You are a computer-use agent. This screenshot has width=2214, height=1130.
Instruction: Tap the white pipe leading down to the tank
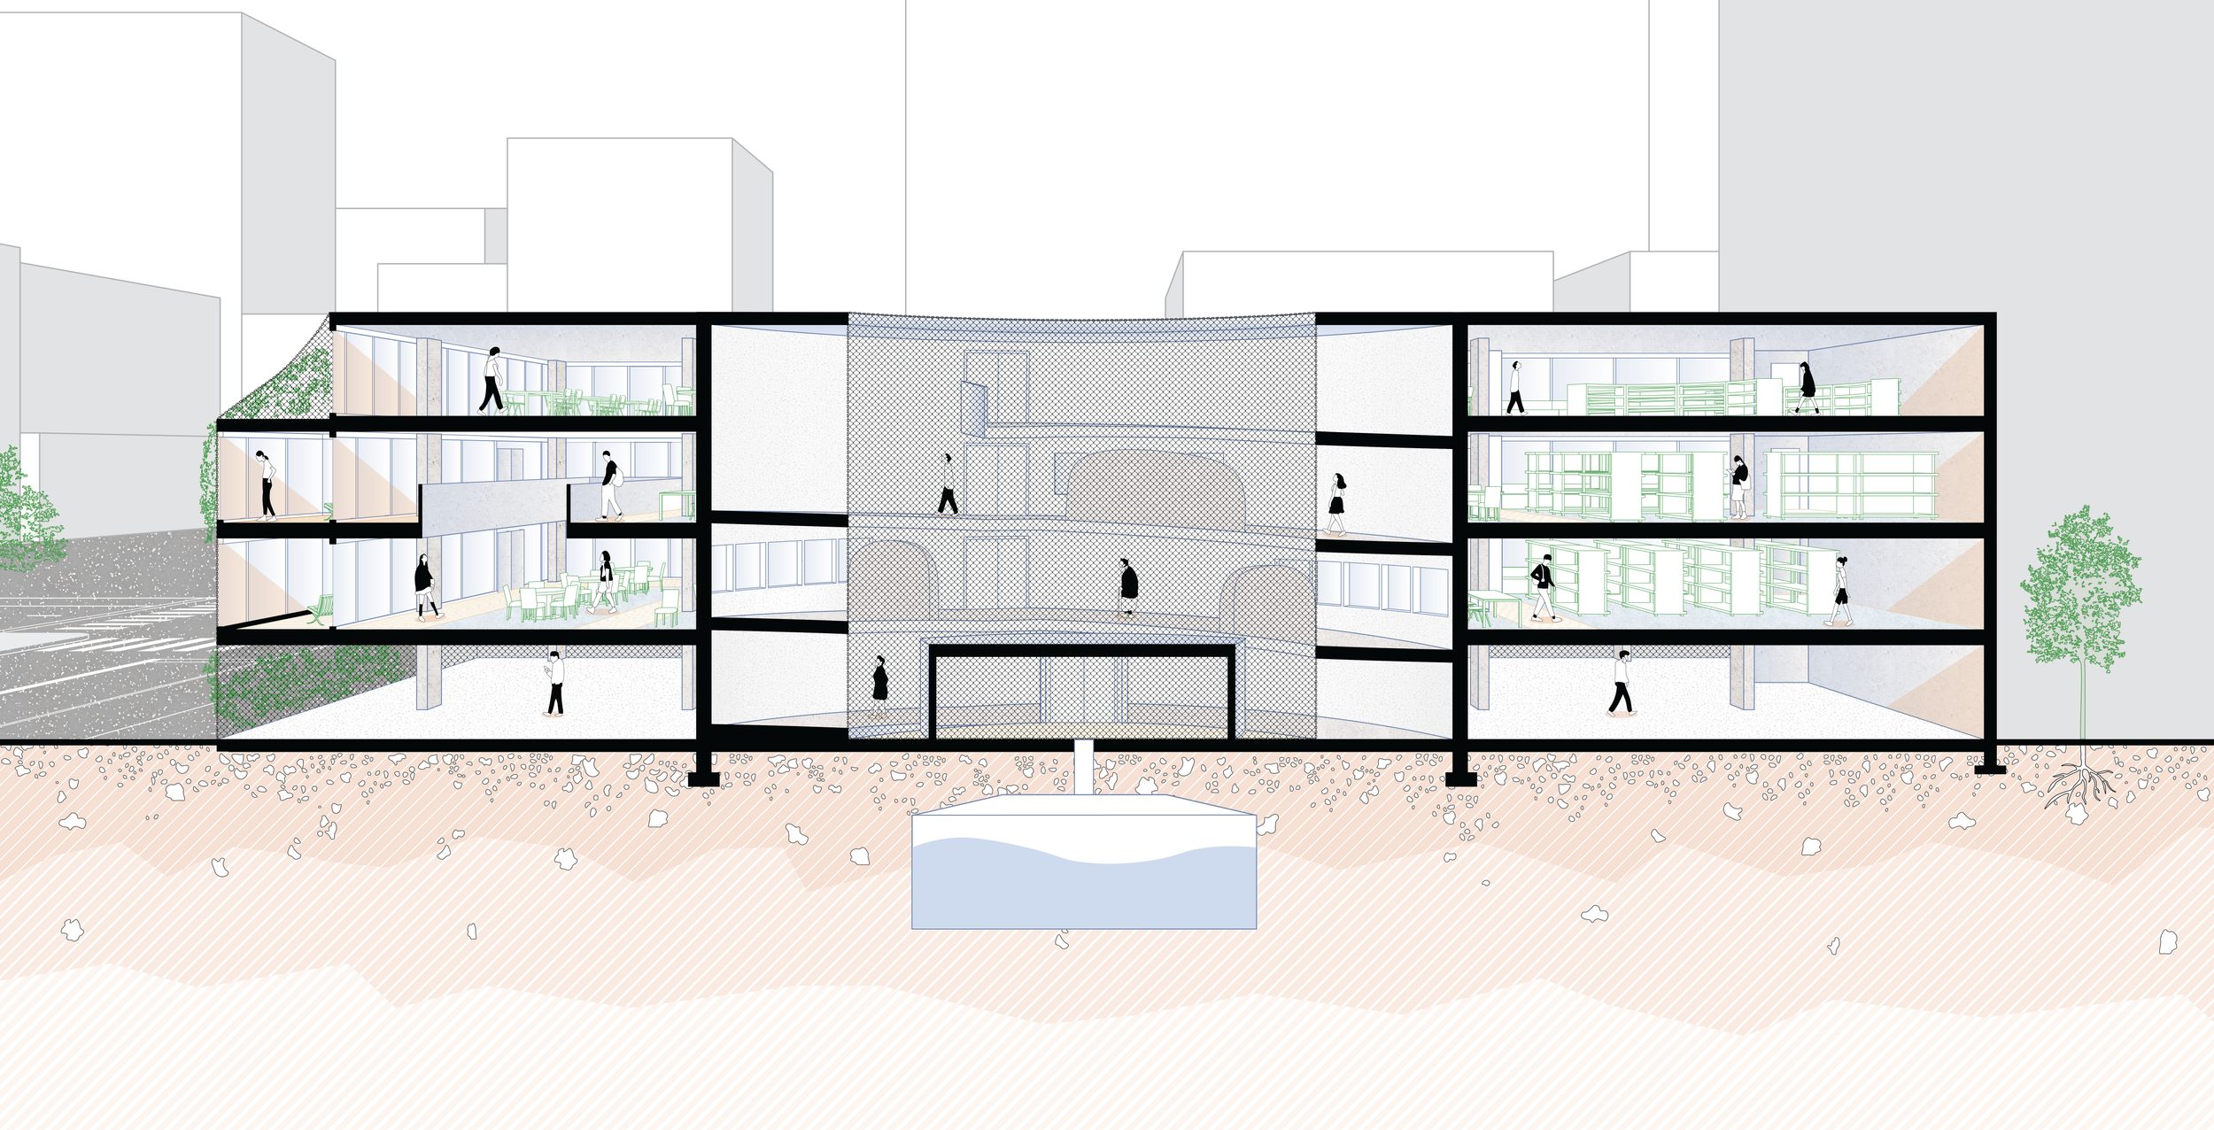point(1083,767)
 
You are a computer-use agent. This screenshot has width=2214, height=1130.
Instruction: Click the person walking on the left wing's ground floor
point(554,684)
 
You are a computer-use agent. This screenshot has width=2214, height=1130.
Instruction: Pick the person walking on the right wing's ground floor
point(1621,682)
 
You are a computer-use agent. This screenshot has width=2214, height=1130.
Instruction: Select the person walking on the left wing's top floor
point(492,381)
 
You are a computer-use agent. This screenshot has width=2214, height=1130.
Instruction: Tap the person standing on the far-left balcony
point(266,484)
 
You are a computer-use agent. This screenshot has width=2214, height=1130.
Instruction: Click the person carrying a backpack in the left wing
point(610,485)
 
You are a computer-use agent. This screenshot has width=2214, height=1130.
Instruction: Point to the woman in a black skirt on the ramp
point(1335,504)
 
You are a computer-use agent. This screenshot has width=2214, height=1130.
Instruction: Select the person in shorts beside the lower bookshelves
point(1840,592)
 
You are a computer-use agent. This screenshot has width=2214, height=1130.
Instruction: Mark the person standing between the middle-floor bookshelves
point(1738,486)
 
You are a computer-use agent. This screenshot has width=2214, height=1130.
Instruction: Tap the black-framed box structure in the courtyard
point(1081,693)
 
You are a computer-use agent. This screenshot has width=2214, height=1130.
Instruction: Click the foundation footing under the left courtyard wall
point(703,778)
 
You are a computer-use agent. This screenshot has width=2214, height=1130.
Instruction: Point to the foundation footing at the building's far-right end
point(1990,769)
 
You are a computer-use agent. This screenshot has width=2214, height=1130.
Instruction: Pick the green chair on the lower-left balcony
point(321,609)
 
